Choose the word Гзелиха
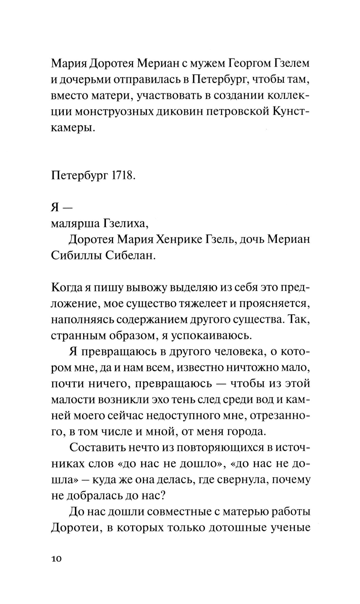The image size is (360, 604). click(125, 224)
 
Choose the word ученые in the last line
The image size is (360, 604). click(291, 528)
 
